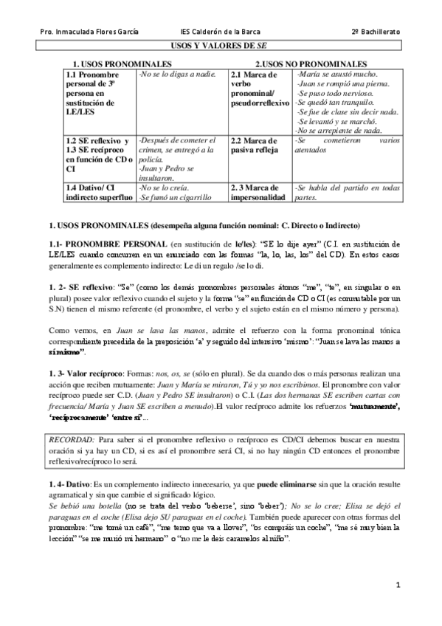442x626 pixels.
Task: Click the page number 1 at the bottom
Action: point(398,585)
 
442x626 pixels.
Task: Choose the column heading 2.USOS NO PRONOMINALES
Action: point(311,65)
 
